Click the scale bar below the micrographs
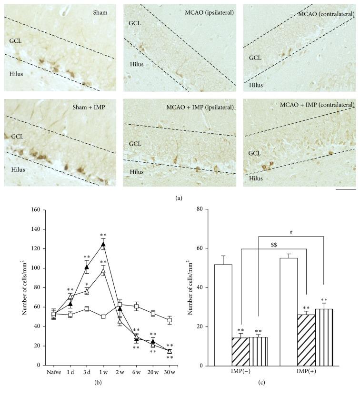pos(346,189)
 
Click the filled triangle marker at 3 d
pos(87,267)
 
